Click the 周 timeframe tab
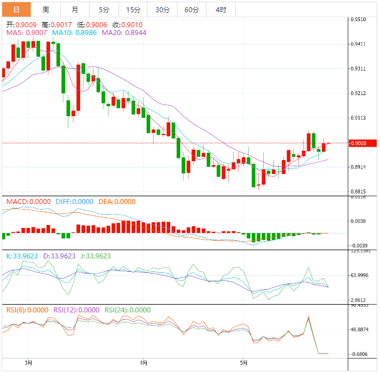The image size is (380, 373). click(46, 9)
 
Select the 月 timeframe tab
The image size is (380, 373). click(75, 9)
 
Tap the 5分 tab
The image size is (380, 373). click(104, 9)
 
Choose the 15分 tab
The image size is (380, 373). click(133, 9)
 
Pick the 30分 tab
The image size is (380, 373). click(162, 9)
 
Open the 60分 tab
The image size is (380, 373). click(191, 9)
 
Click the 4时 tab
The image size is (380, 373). click(220, 9)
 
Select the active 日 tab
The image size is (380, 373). click(16, 9)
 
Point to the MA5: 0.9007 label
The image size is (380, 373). click(27, 33)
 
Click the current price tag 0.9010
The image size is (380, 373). click(359, 143)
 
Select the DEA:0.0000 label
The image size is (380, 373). click(116, 201)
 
